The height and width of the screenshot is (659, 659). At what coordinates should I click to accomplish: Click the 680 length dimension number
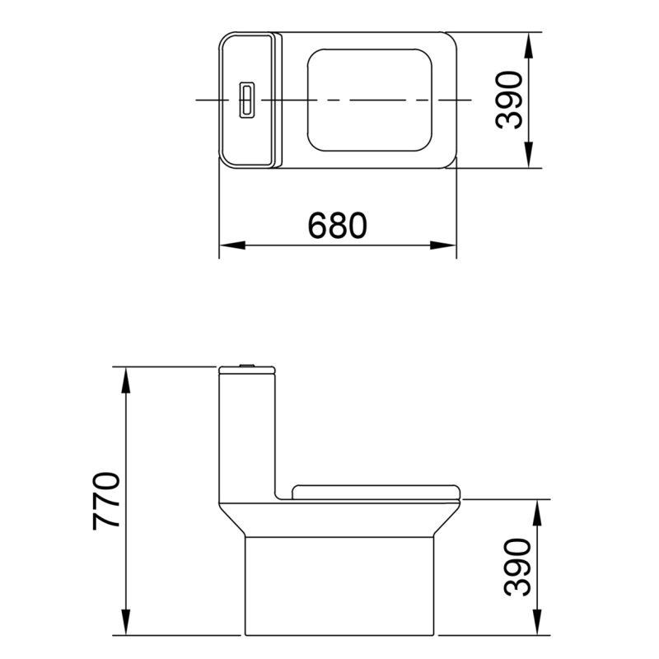336,224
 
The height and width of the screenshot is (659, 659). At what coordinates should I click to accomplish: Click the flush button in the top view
245,100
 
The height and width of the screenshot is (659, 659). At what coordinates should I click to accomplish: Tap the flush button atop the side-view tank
245,364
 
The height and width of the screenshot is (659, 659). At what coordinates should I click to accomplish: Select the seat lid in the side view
375,492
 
